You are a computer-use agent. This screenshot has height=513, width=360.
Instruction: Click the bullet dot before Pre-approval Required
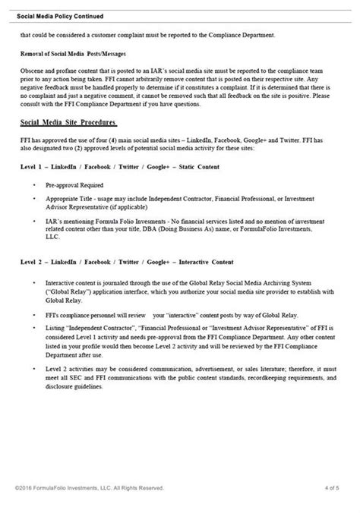(37, 184)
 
